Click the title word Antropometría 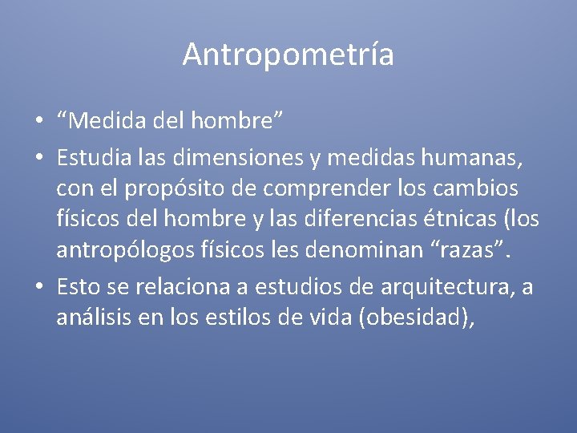pos(288,55)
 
